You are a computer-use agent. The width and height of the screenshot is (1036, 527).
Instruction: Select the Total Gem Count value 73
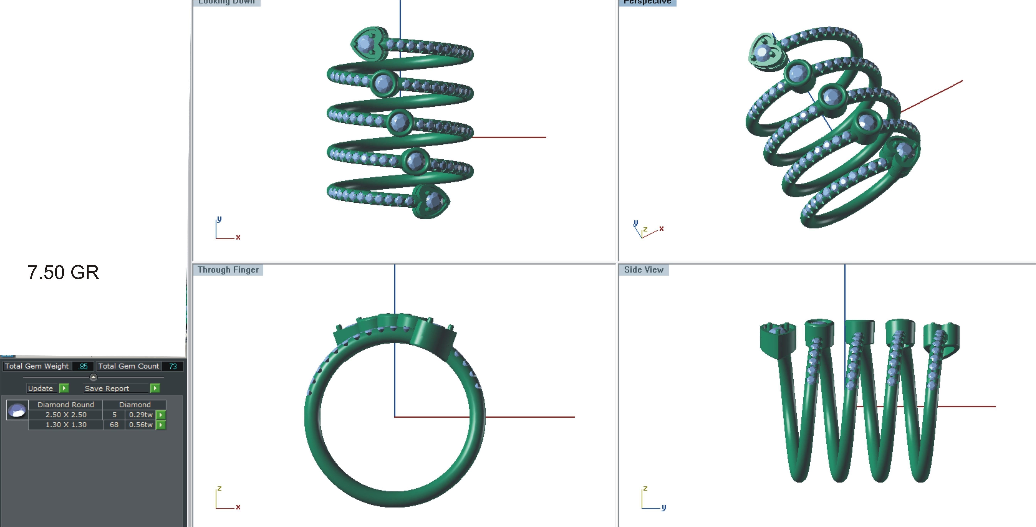[x=173, y=366]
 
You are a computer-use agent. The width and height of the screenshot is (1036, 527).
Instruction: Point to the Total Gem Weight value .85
[x=83, y=366]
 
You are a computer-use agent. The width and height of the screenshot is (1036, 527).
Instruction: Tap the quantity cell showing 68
[x=114, y=424]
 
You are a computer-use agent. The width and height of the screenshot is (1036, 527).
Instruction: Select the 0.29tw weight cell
[x=140, y=414]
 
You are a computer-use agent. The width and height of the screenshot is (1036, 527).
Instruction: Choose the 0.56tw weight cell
[x=140, y=424]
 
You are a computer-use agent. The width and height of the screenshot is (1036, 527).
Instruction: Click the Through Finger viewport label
[x=228, y=270]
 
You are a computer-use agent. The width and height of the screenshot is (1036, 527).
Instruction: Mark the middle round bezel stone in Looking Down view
[x=399, y=121]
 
